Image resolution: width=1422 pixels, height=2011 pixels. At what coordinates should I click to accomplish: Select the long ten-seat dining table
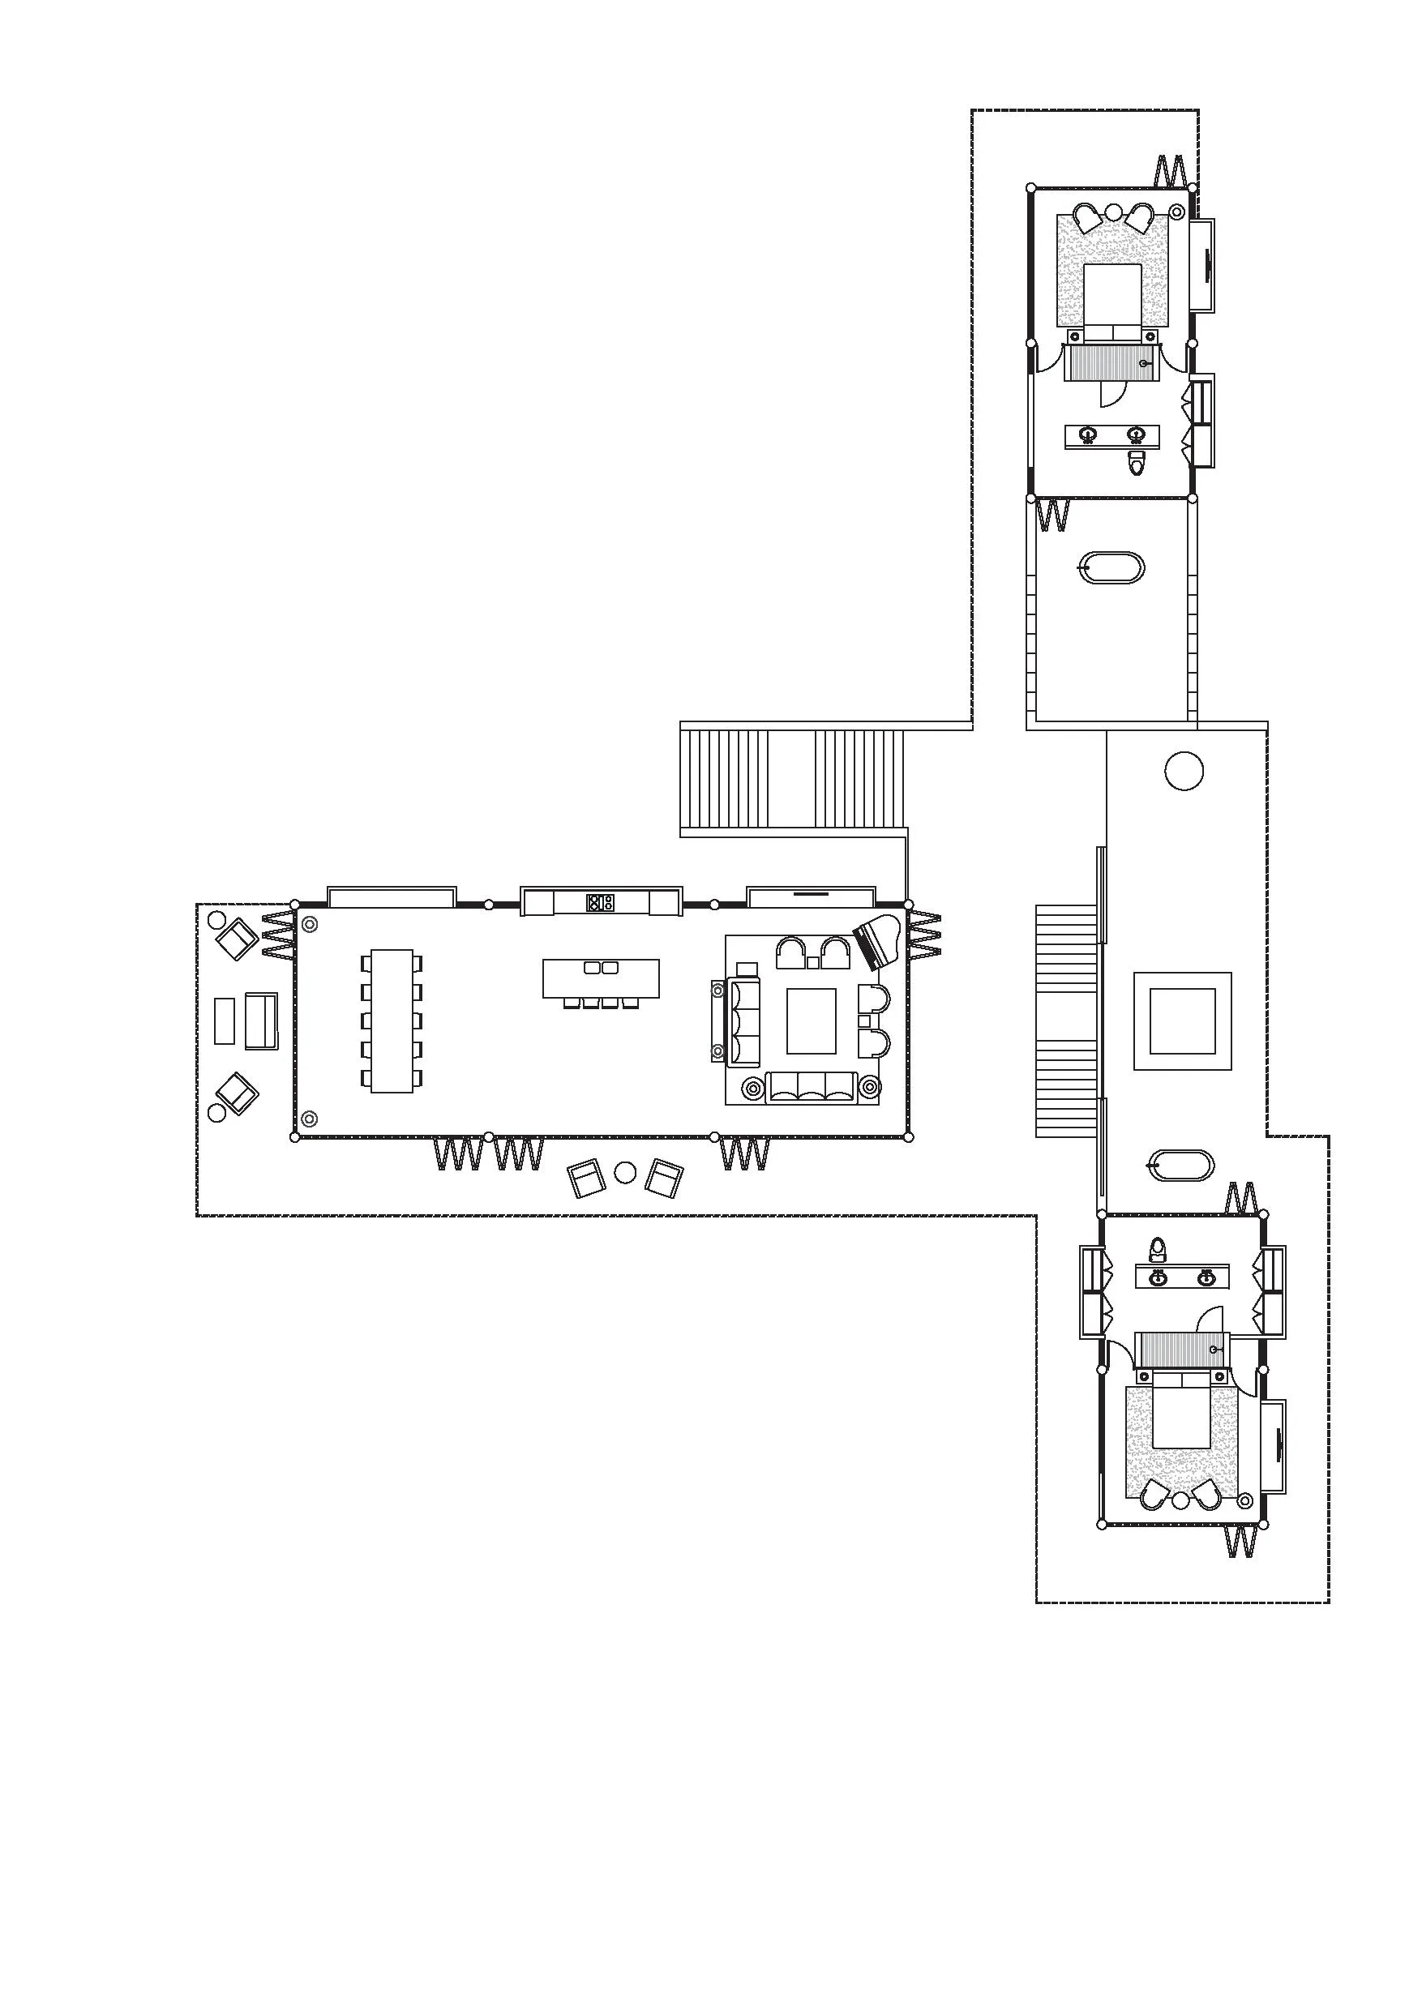coord(391,1020)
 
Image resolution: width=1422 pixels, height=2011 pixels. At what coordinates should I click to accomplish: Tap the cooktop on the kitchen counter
coord(600,901)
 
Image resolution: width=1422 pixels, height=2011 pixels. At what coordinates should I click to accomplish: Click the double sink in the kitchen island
coord(601,968)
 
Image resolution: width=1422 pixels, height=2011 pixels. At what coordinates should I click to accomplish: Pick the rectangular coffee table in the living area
coord(811,1020)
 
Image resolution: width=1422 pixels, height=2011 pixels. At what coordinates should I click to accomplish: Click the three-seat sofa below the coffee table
coord(811,1088)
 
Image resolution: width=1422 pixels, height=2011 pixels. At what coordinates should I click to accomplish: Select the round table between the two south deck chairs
coord(625,1172)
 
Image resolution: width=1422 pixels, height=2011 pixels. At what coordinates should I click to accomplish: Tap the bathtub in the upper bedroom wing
coord(1111,568)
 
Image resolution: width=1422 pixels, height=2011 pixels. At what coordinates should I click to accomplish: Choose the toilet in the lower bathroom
coord(1159,1247)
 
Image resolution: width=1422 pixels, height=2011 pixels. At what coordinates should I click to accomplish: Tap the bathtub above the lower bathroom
coord(1181,1166)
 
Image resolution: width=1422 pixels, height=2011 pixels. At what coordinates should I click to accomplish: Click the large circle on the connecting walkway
coord(1184,771)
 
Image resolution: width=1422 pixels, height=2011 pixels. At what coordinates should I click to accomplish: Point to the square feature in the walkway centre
coord(1182,1020)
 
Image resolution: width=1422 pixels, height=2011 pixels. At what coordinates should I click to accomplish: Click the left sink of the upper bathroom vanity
coord(1088,434)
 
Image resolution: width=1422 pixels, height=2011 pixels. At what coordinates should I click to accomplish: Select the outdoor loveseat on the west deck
coord(260,1020)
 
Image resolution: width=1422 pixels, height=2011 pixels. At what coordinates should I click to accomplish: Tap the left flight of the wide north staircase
coord(724,780)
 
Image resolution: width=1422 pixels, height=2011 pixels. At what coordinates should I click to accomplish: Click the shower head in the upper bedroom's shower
coord(1144,362)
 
